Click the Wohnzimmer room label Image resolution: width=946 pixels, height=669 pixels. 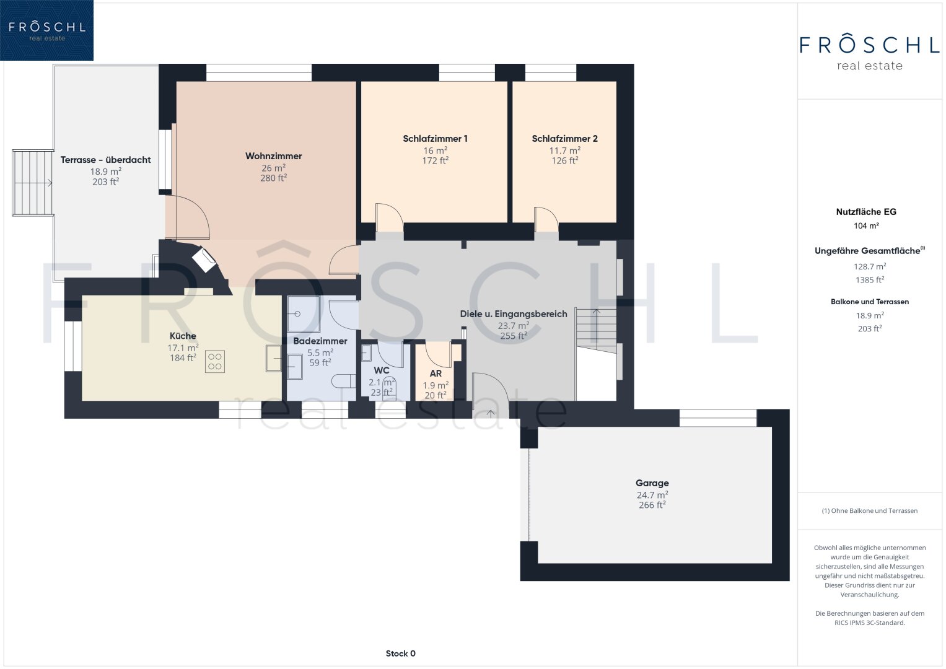click(273, 156)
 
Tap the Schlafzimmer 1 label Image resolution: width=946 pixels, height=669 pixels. click(435, 139)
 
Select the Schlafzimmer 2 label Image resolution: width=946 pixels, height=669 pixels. click(564, 139)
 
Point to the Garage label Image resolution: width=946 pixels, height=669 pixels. click(652, 483)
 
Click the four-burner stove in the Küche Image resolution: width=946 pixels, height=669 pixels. click(214, 362)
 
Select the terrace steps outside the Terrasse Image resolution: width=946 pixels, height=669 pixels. click(33, 183)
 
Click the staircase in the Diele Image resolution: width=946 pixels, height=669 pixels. click(597, 331)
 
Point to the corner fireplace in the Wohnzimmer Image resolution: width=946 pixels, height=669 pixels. click(204, 260)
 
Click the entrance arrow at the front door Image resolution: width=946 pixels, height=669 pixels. click(490, 414)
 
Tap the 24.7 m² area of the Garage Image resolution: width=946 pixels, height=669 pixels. click(652, 494)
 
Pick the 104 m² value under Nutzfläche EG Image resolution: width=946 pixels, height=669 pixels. click(866, 225)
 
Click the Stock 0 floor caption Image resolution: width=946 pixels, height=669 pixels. click(400, 654)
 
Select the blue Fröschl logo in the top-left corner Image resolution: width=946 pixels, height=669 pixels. click(47, 30)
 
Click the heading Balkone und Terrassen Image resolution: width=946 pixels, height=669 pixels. click(870, 302)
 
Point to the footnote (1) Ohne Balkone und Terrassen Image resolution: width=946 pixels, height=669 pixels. click(870, 510)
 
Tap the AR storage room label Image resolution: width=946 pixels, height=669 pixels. click(436, 374)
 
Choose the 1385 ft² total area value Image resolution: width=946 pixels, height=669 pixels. click(870, 279)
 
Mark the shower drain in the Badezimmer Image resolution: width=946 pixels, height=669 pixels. click(297, 314)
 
